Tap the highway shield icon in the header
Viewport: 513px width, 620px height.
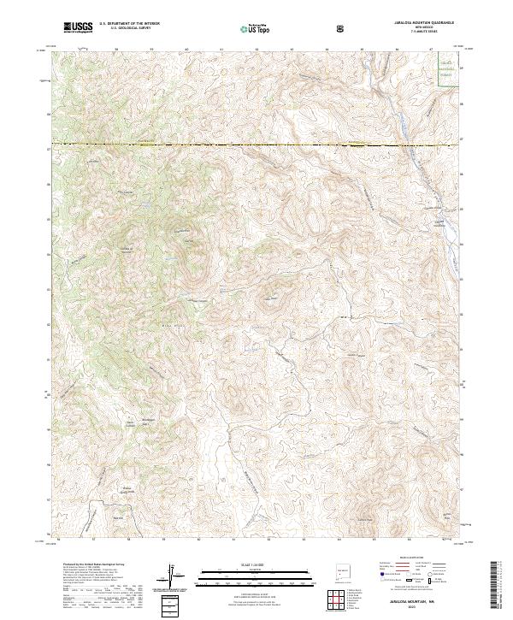[x=342, y=27]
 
